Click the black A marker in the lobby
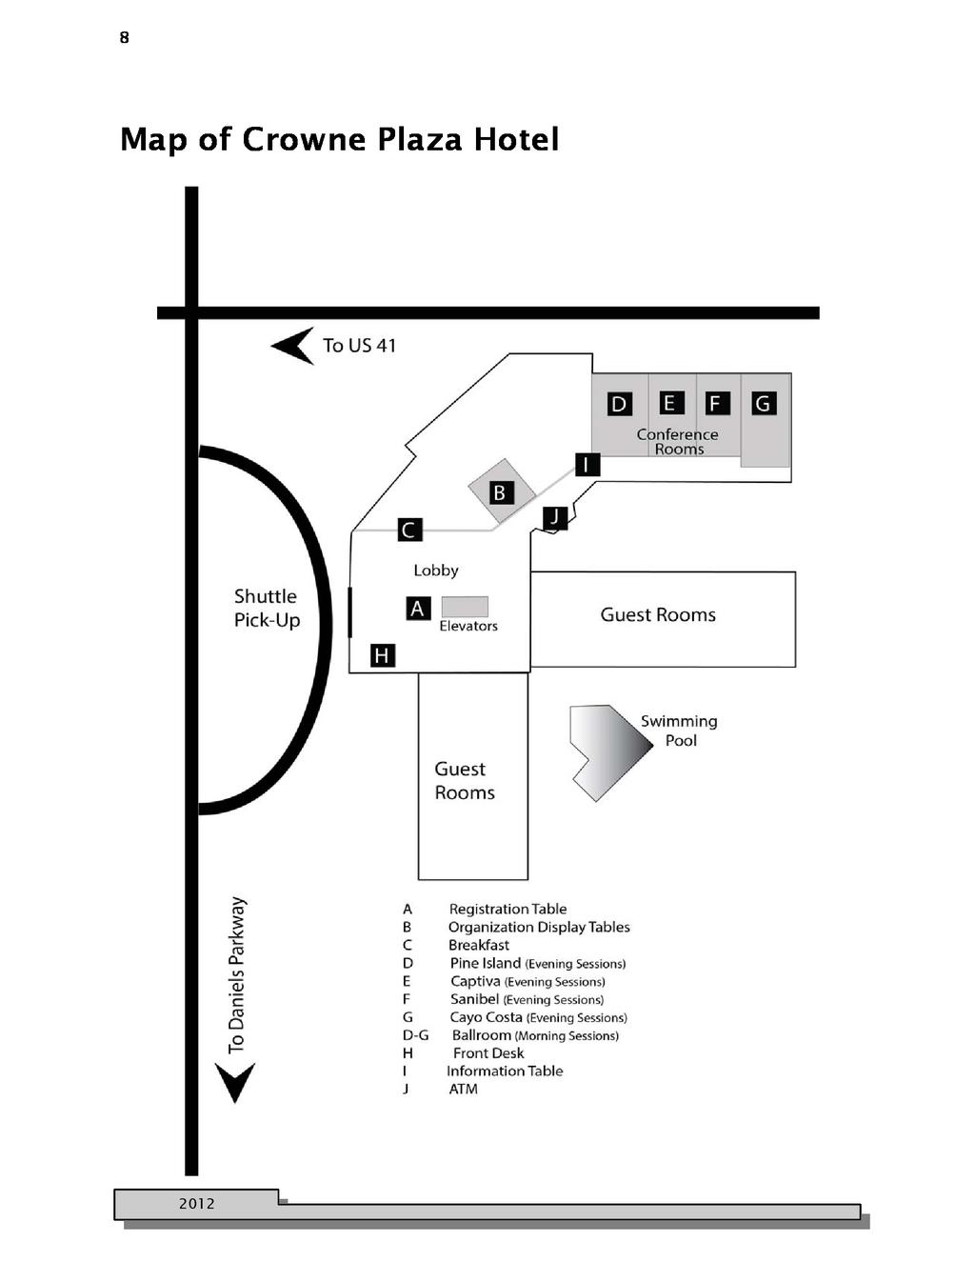418,608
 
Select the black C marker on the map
409,530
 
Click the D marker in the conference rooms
619,404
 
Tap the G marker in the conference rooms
764,404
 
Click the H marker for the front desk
382,654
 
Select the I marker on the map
587,465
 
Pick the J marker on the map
555,517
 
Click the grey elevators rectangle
465,607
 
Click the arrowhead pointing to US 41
293,346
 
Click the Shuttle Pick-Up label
267,608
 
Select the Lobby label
436,571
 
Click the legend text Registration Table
507,909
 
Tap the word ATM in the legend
464,1089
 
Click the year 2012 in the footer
197,1204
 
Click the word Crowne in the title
304,140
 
